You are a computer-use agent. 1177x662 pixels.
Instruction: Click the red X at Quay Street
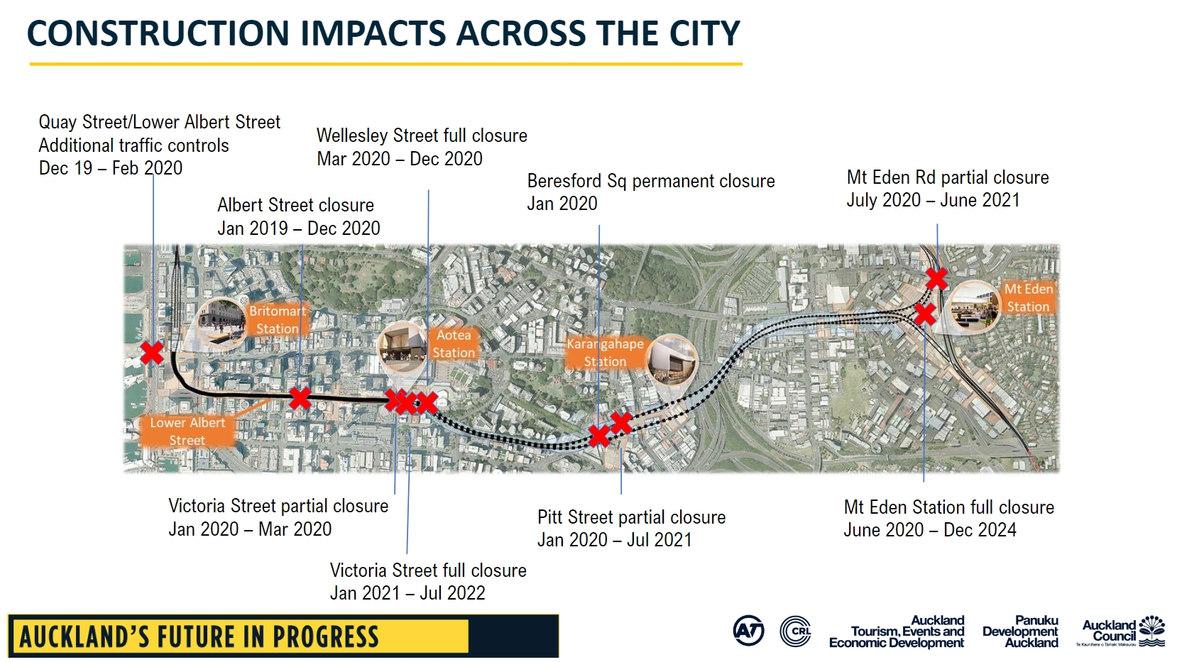[x=152, y=352]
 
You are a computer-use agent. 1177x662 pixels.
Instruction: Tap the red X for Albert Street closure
[x=300, y=399]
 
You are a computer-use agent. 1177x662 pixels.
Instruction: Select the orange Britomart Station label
[x=276, y=319]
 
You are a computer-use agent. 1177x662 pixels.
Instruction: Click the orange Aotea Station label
[x=453, y=344]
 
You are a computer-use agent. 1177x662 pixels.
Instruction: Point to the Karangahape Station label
[x=606, y=352]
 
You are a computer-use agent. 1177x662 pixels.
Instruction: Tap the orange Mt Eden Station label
[x=1029, y=298]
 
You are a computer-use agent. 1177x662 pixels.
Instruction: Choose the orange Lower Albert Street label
[x=187, y=431]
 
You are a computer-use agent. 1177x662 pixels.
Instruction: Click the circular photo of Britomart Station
[x=221, y=324]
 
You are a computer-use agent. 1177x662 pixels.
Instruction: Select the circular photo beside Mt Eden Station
[x=975, y=307]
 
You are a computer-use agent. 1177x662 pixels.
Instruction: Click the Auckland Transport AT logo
[x=748, y=631]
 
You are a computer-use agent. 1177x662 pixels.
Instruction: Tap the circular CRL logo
[x=795, y=631]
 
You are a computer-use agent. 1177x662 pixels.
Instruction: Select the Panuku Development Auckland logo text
[x=1020, y=631]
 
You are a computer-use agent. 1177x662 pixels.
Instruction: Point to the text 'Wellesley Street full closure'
[x=422, y=136]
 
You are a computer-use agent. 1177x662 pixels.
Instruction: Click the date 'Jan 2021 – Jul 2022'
[x=407, y=592]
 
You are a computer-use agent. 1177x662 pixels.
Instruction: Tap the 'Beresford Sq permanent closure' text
[x=651, y=181]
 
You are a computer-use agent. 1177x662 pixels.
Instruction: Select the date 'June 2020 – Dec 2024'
[x=930, y=530]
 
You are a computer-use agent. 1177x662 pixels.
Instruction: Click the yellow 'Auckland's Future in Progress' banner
[x=238, y=636]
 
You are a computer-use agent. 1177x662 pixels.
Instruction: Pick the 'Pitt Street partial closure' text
[x=632, y=517]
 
